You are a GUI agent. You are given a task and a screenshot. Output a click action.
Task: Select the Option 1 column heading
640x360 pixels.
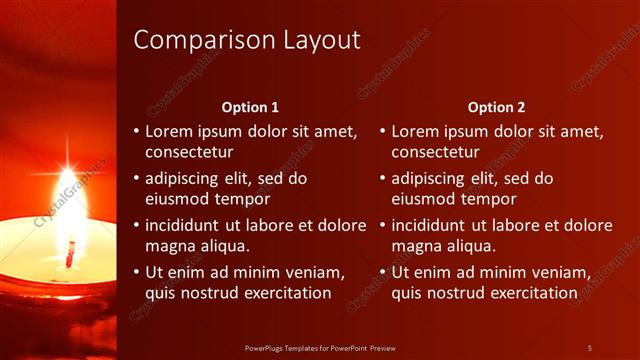point(249,107)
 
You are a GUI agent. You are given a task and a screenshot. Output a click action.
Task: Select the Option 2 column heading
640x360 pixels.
point(496,107)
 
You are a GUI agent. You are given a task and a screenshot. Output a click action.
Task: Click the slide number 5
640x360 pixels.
point(589,348)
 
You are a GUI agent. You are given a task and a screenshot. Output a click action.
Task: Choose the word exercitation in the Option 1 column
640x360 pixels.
point(284,293)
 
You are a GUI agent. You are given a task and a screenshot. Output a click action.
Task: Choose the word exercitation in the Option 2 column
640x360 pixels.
point(530,293)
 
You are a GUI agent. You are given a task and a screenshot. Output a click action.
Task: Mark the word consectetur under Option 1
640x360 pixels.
point(189,152)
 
